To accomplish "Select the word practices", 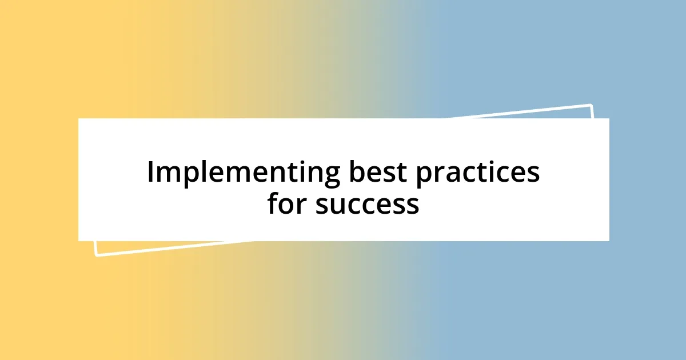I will (477, 173).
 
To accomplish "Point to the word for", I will (287, 204).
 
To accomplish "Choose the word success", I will (367, 204).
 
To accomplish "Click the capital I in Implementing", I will (151, 173).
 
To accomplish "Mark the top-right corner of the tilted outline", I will (591, 105).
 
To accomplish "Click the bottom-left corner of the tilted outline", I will (95, 255).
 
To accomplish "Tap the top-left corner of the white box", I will (79, 119).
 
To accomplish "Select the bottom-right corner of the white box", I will (609, 241).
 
